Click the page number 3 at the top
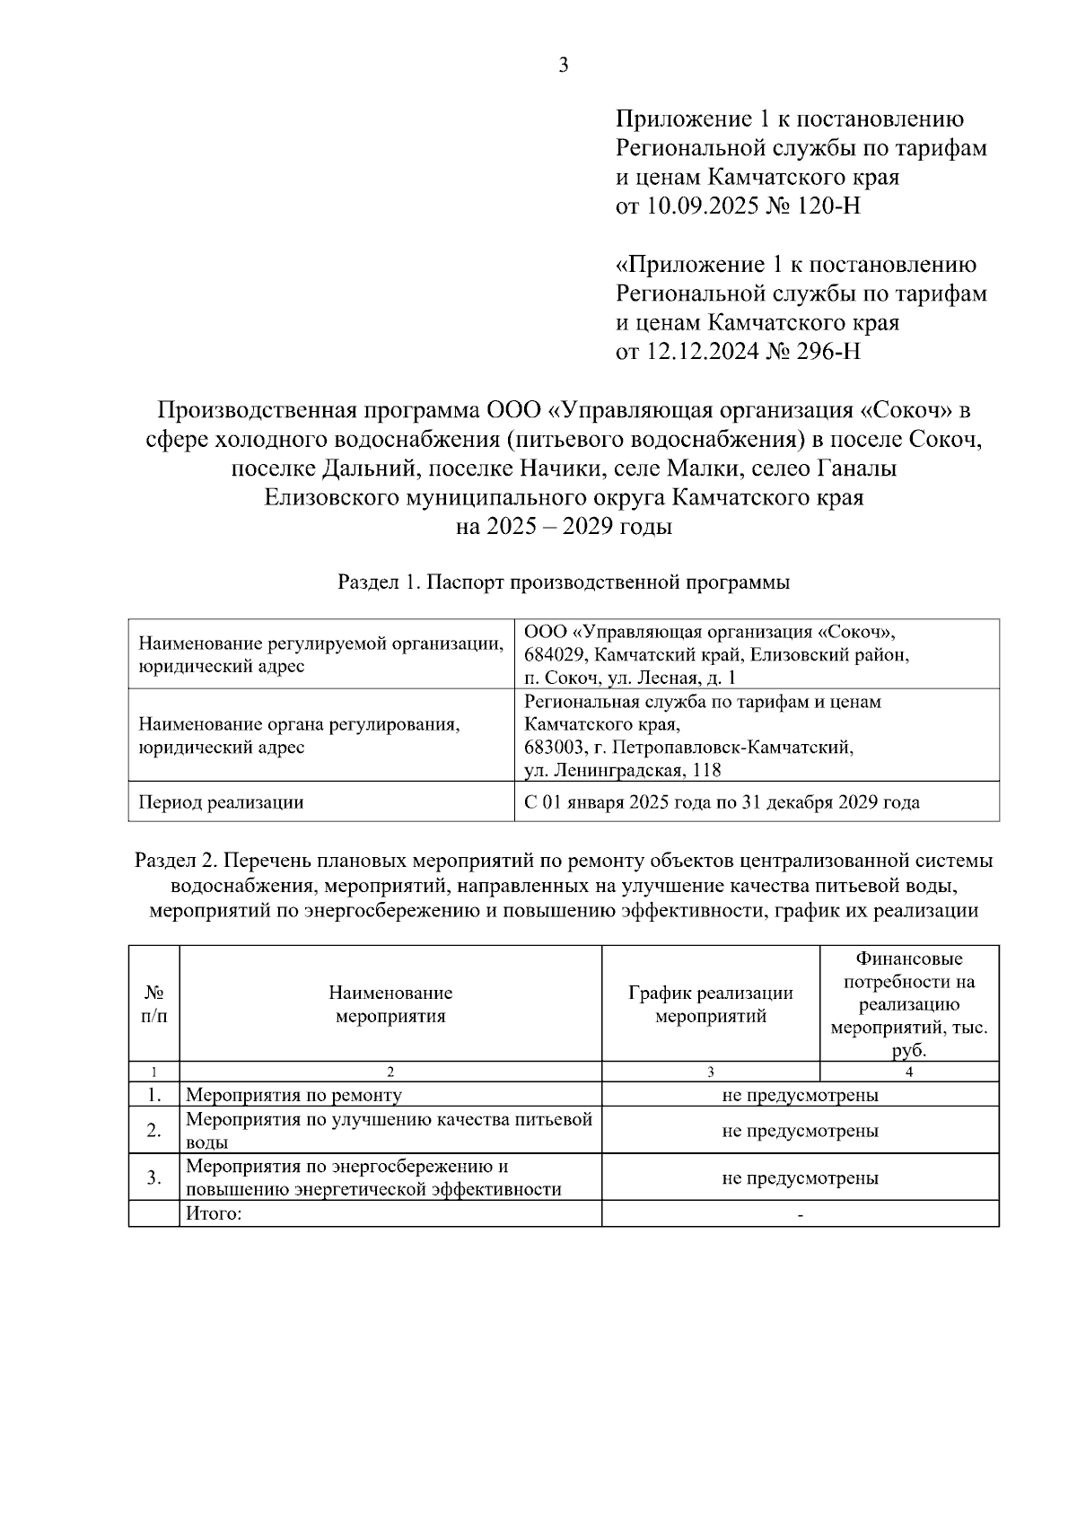coord(563,65)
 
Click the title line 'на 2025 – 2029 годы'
coord(564,527)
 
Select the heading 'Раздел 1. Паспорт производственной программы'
coord(564,582)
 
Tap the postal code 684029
coord(554,655)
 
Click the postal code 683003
coord(554,747)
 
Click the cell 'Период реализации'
coord(220,802)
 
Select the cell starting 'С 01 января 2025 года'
coord(722,802)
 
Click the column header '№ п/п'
coord(154,1004)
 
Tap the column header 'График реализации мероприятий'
coord(711,1004)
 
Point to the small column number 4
coord(909,1072)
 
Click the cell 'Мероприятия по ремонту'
coord(293,1095)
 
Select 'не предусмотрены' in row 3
coord(800,1177)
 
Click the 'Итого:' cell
coord(214,1214)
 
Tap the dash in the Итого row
coord(800,1215)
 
